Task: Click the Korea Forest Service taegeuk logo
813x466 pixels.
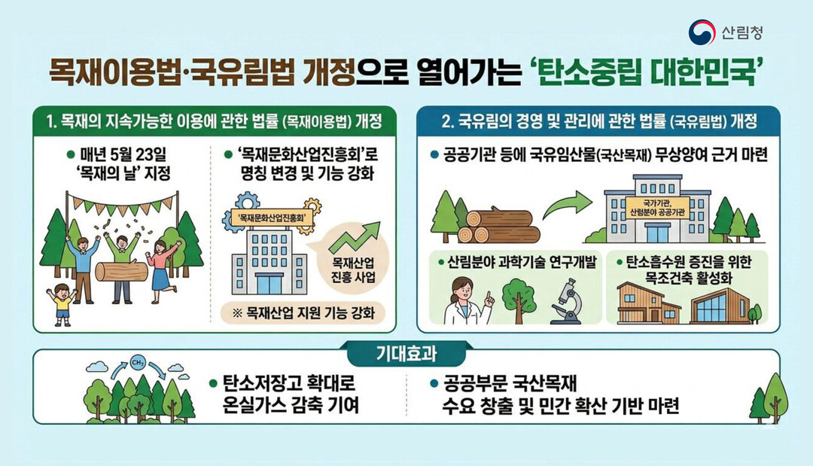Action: (x=702, y=32)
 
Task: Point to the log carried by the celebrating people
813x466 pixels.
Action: (x=121, y=271)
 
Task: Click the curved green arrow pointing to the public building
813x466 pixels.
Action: (x=568, y=207)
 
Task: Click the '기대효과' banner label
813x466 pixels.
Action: (x=406, y=352)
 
